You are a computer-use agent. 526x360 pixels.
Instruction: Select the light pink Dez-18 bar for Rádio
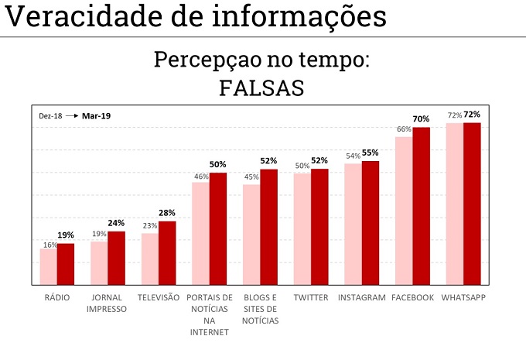pos(49,267)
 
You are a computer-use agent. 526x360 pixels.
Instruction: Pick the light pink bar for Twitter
pos(302,229)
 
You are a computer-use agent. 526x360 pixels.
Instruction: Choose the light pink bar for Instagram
pos(353,225)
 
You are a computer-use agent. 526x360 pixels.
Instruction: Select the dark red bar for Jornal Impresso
pos(116,258)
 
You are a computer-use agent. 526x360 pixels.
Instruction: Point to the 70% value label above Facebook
pos(421,119)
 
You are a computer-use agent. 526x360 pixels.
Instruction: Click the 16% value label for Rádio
pos(50,245)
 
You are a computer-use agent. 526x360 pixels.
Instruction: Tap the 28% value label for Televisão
pos(167,213)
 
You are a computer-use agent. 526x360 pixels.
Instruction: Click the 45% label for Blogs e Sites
pos(251,177)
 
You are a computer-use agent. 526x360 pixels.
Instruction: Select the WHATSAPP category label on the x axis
pos(463,297)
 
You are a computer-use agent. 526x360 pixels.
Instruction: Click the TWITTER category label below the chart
pos(311,297)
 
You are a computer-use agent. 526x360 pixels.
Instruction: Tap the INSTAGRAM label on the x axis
pos(362,297)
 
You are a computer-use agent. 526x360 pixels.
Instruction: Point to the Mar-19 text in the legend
pos(97,116)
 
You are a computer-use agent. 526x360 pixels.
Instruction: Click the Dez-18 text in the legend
pos(50,116)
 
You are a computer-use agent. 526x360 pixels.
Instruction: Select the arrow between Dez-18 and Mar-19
pos(72,116)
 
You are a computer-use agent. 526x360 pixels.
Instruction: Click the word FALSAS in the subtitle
pos(261,87)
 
